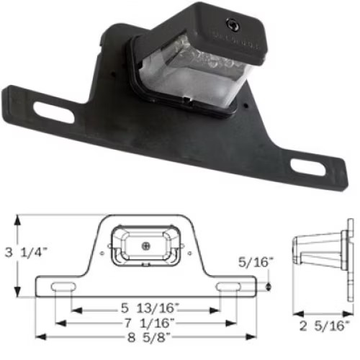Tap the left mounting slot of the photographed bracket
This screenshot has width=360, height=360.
click(53, 112)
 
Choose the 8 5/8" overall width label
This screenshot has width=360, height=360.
click(150, 336)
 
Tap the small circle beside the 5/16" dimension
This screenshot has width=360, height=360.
click(268, 287)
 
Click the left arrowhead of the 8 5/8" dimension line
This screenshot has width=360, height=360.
click(39, 336)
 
